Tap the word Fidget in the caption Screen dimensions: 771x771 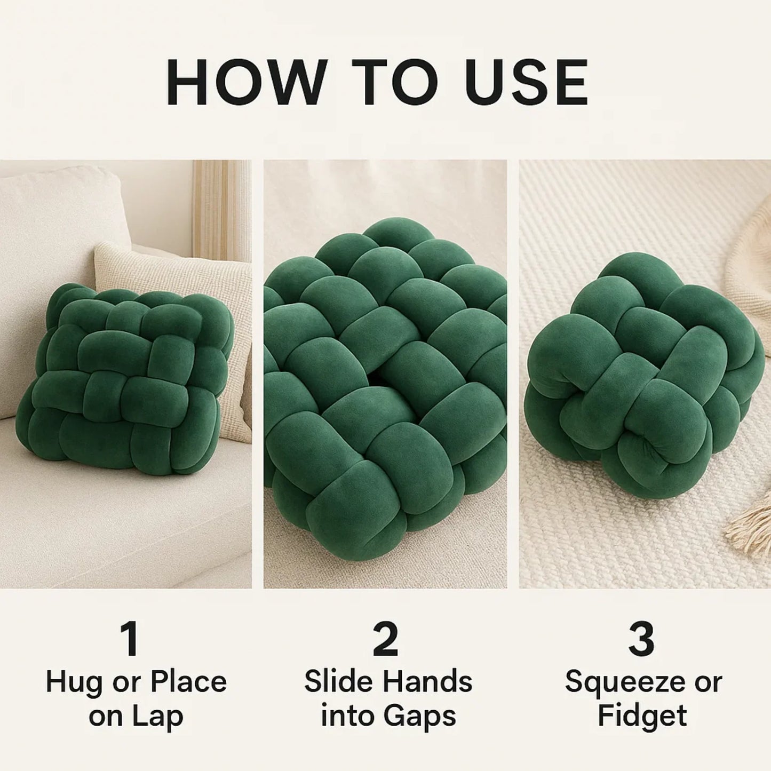pyautogui.click(x=642, y=716)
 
